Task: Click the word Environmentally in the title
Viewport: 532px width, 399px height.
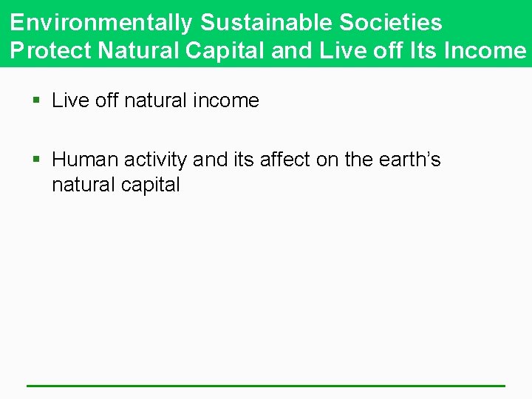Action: pos(101,22)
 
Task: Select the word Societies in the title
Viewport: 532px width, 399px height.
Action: pos(392,22)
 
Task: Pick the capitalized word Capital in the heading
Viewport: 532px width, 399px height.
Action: pos(226,50)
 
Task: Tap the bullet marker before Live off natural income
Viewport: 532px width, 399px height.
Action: pos(36,100)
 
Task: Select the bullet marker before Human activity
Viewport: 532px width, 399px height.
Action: pos(36,160)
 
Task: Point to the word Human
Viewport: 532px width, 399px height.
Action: pos(83,160)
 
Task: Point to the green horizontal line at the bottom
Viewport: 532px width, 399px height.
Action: pos(266,385)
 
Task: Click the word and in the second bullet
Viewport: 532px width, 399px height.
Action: pos(211,160)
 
